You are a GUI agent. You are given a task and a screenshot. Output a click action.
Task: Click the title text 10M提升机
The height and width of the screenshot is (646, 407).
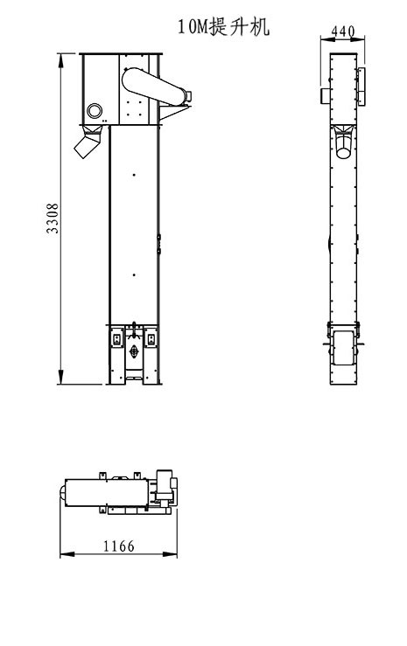223,27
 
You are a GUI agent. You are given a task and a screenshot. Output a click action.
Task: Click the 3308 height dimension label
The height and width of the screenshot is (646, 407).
53,219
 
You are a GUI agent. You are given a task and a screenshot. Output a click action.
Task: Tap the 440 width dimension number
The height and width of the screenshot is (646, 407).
344,32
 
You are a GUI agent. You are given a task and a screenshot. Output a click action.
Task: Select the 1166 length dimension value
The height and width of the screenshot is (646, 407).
119,546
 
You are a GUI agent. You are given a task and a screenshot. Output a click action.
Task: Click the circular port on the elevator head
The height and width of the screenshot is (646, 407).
95,110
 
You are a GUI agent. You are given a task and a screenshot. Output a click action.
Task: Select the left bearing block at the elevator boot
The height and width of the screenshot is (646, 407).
116,337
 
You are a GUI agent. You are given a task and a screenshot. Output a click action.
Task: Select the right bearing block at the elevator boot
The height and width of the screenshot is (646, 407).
152,337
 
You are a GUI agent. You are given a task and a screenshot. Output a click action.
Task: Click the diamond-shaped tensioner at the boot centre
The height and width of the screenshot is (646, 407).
134,351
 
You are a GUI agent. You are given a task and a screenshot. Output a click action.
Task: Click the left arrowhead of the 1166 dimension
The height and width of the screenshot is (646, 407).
64,554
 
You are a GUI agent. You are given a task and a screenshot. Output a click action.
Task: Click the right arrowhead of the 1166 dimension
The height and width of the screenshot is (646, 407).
173,554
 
